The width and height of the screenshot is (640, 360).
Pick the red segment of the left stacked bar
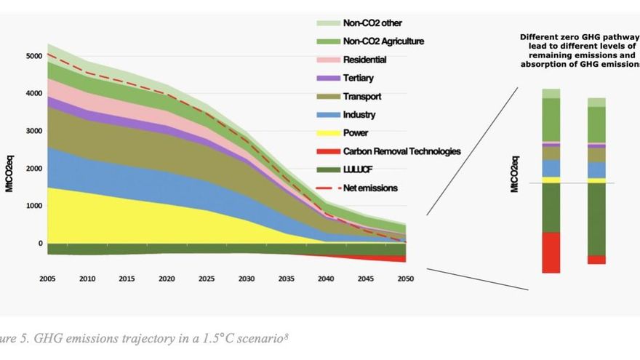coord(551,252)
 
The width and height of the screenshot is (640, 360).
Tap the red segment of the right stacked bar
coord(597,260)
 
